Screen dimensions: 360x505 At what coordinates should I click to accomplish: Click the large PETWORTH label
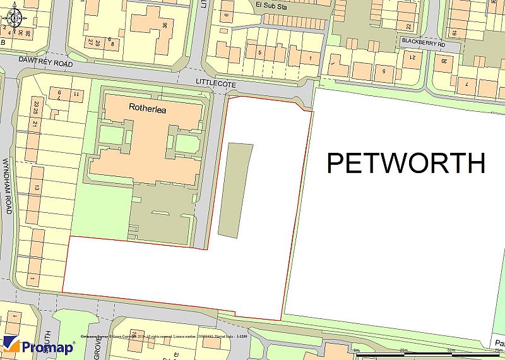[406, 163]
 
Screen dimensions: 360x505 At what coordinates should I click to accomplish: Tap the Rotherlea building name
[146, 107]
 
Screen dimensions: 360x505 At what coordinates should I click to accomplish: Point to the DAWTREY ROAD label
[47, 64]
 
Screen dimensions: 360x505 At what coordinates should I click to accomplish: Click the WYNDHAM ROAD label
[8, 186]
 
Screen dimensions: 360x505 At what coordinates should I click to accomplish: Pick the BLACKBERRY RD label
[423, 45]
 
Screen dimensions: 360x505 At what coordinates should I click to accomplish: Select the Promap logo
[39, 345]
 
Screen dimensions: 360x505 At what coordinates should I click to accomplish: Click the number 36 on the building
[165, 25]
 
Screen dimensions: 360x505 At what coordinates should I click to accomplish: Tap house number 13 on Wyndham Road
[37, 188]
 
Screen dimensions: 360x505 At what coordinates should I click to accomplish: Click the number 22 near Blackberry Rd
[408, 26]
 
